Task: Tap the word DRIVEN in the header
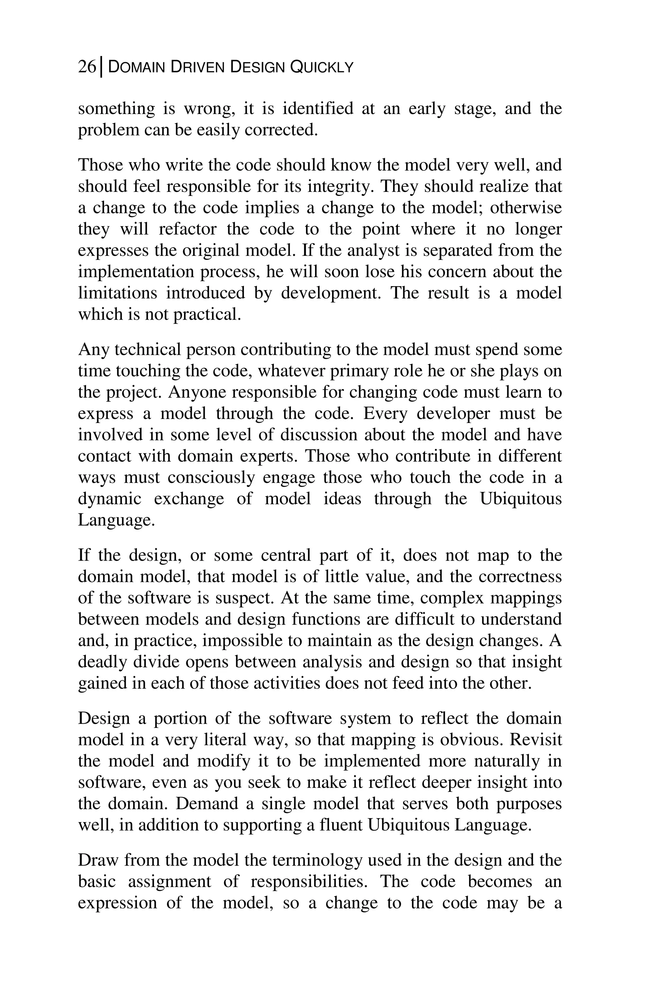point(197,67)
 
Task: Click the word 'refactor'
point(187,229)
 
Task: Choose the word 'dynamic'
point(110,499)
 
